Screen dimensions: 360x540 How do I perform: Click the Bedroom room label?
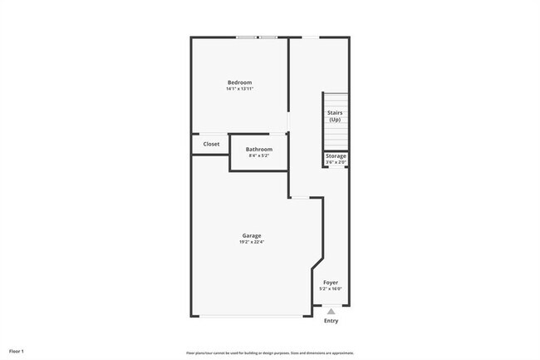[x=239, y=81]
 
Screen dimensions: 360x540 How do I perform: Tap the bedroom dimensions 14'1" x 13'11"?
[x=239, y=89]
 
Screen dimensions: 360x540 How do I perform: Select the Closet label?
[x=211, y=144]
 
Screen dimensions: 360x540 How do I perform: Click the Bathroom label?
[x=258, y=150]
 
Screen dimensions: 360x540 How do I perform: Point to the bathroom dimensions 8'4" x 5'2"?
[x=258, y=156]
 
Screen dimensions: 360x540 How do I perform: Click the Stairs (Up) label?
[x=335, y=116]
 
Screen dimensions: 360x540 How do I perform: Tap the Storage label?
[x=336, y=155]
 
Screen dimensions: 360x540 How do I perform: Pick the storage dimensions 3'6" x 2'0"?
[x=336, y=162]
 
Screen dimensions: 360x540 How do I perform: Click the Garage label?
[x=252, y=236]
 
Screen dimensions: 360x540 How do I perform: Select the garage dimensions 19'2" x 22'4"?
[x=252, y=243]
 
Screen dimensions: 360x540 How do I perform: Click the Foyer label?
[x=331, y=283]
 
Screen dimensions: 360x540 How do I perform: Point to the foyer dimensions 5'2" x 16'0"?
[x=331, y=289]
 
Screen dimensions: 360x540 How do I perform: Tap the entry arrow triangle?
[x=331, y=311]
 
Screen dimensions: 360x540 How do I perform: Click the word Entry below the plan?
[x=331, y=321]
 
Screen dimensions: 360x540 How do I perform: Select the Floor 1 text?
[x=17, y=351]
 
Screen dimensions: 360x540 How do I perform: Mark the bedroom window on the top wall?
[x=256, y=37]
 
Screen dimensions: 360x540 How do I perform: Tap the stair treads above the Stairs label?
[x=335, y=100]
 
